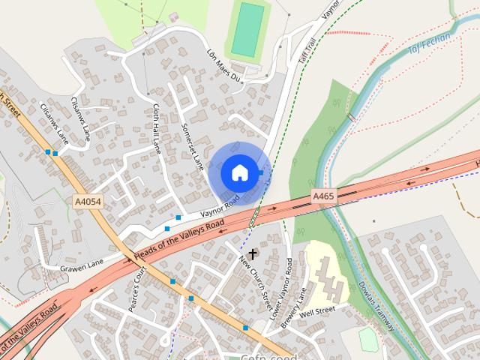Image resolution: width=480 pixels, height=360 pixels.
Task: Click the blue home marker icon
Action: point(239,172)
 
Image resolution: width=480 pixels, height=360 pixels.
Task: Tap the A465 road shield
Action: point(322,196)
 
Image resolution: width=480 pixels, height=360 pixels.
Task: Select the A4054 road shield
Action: point(88,201)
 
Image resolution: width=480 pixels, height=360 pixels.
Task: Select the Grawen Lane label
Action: point(82,265)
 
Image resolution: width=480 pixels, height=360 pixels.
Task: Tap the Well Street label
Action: point(316,310)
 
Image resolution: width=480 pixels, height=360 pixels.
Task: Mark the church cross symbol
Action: point(253,254)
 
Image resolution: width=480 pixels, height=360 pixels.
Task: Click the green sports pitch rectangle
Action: point(248,29)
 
